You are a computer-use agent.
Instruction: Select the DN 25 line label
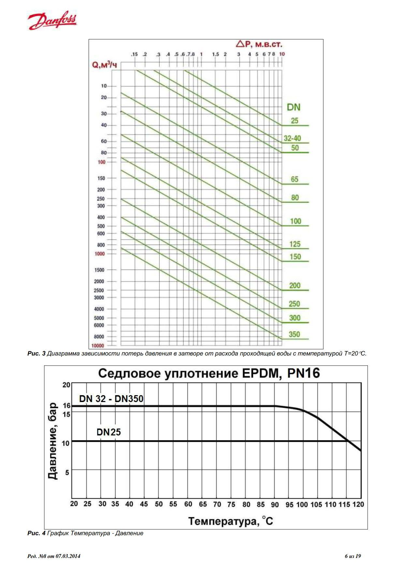coord(295,121)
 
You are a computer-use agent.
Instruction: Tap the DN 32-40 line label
coord(292,138)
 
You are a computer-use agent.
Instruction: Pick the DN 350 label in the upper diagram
coord(294,334)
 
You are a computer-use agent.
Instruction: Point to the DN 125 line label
coord(295,244)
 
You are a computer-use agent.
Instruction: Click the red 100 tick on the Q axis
coord(102,162)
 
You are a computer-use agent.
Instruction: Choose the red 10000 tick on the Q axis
coord(98,346)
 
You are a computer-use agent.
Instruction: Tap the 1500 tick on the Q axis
coord(99,270)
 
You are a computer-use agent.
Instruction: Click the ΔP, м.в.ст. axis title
coord(259,44)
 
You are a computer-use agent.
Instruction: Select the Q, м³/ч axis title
coord(105,65)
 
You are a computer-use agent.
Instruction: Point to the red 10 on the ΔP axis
coord(282,54)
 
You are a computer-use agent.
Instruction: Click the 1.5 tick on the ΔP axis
coord(215,54)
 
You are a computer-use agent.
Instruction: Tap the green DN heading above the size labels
coord(293,107)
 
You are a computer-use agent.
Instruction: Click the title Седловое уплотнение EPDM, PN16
coord(209,373)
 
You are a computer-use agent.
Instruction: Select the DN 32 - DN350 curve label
coord(111,398)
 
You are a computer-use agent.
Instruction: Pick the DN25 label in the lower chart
coord(108,432)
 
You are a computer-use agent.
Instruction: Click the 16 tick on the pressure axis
coord(66,406)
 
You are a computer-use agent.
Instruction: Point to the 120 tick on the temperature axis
coord(358,504)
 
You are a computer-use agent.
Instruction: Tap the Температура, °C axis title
coord(230,521)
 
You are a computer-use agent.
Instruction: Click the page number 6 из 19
coord(353,556)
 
